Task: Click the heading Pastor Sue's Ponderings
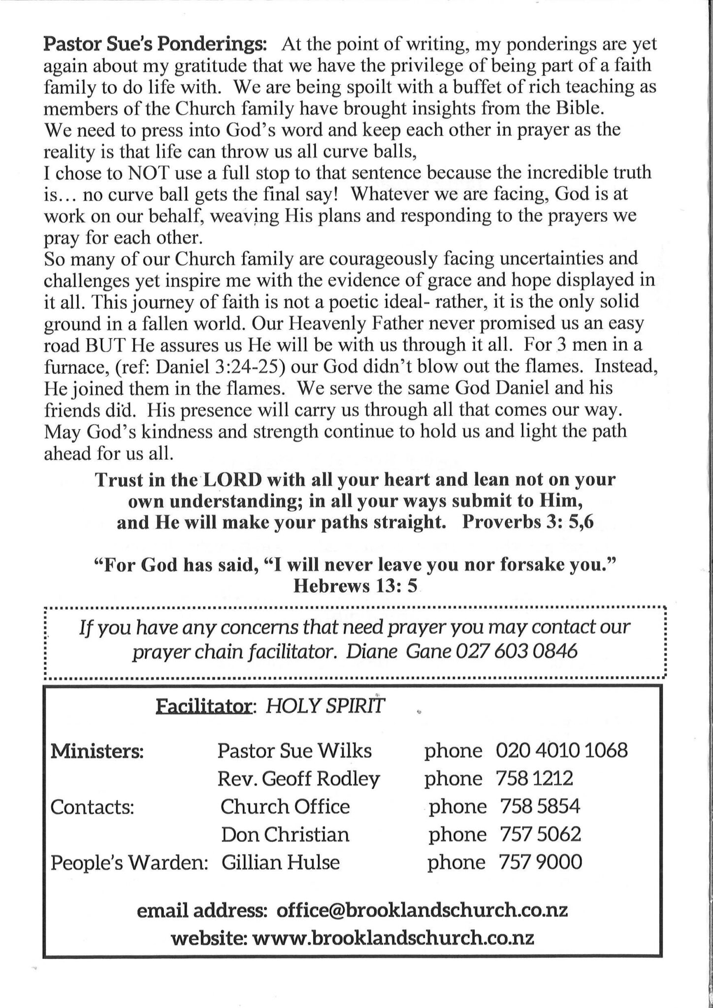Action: coord(156,44)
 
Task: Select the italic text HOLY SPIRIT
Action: coord(324,707)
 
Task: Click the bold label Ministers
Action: coord(97,752)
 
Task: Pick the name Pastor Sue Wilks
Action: coord(294,751)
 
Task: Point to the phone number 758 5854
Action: coord(540,806)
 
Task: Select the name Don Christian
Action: coord(285,834)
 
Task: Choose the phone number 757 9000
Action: coord(540,862)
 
